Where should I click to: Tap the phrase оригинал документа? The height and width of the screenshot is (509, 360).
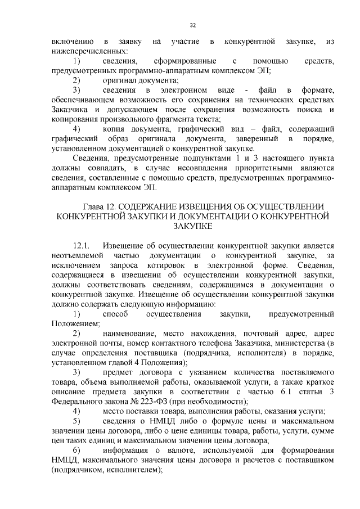(x=130, y=80)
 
